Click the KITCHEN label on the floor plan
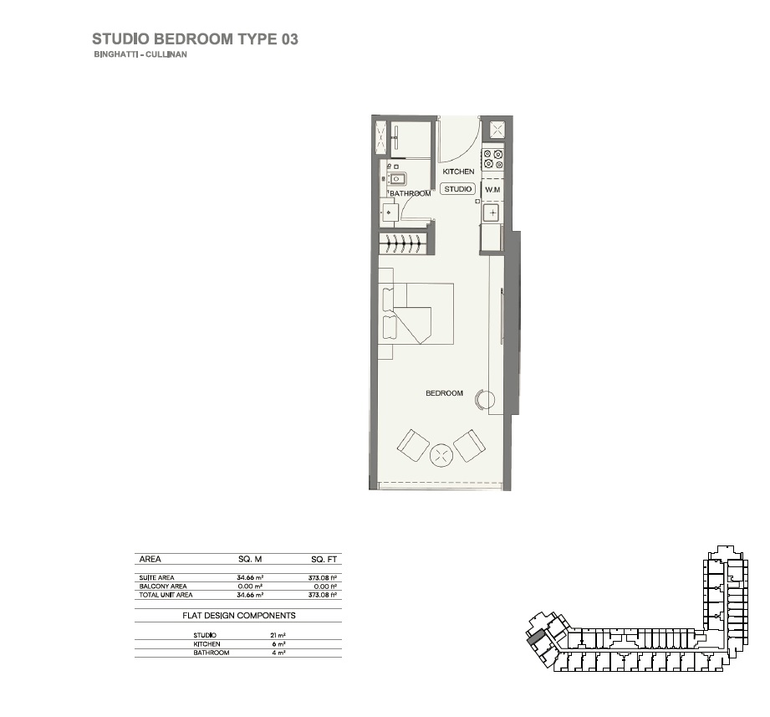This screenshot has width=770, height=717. (458, 172)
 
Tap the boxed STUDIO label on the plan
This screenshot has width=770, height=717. (458, 189)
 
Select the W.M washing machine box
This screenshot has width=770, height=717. (492, 190)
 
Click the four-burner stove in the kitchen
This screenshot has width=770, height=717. (493, 160)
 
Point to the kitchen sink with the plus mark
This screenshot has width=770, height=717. (493, 213)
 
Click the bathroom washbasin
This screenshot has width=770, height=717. (396, 178)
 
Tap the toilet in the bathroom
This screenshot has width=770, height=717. (390, 213)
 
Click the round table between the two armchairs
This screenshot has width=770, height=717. (441, 455)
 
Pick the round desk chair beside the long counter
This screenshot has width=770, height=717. (482, 399)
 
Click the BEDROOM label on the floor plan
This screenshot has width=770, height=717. (444, 393)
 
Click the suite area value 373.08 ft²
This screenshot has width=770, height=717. (322, 578)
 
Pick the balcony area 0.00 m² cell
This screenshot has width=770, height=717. (250, 586)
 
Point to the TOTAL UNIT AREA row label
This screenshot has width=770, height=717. (166, 595)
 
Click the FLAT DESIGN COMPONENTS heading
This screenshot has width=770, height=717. (238, 615)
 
